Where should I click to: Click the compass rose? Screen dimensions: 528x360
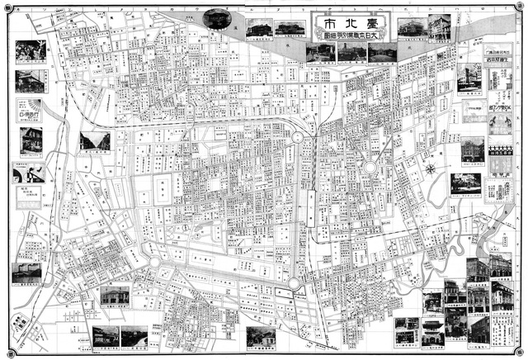coord(431,168)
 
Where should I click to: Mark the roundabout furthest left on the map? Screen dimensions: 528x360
coord(153,263)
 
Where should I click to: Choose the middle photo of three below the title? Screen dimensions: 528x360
coord(351,53)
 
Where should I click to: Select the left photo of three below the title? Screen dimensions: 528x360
coord(319,53)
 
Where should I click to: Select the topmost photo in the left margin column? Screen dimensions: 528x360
coord(30,50)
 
